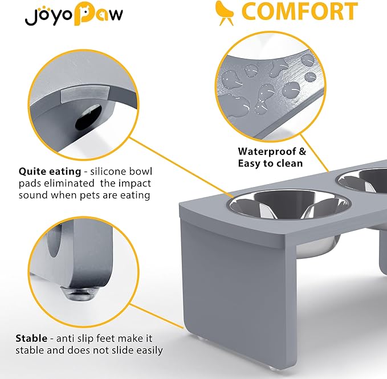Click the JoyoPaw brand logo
coord(74,14)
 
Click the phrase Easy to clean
coord(270,164)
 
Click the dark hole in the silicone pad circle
coord(87,117)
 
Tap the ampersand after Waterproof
coord(302,152)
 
